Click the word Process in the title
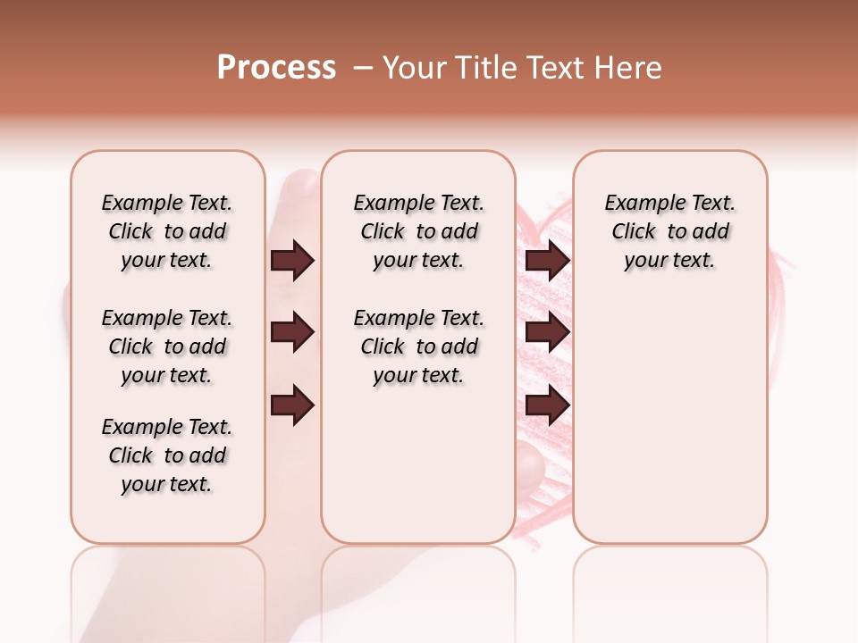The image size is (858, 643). pyautogui.click(x=276, y=68)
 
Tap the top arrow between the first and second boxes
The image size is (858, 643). pyautogui.click(x=292, y=260)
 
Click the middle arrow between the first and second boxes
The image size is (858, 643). pyautogui.click(x=292, y=332)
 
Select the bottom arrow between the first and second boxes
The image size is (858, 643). pyautogui.click(x=292, y=406)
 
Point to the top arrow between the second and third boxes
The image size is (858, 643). pyautogui.click(x=547, y=260)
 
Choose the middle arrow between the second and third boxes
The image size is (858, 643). pyautogui.click(x=547, y=332)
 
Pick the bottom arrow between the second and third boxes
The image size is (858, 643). pyautogui.click(x=547, y=406)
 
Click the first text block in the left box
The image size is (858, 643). pyautogui.click(x=167, y=231)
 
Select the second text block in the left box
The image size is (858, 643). pyautogui.click(x=167, y=347)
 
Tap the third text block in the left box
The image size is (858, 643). pyautogui.click(x=167, y=455)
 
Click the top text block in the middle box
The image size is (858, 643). pyautogui.click(x=418, y=231)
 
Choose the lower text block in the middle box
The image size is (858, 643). pyautogui.click(x=418, y=347)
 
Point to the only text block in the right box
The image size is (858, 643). pyautogui.click(x=670, y=231)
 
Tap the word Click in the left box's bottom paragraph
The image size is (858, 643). pyautogui.click(x=130, y=455)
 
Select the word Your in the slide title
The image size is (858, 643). pyautogui.click(x=413, y=68)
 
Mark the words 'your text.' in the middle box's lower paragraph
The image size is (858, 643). pyautogui.click(x=418, y=376)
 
